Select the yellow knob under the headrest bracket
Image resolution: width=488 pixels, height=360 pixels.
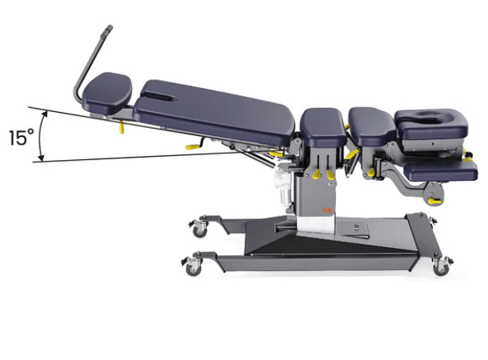click(433, 200)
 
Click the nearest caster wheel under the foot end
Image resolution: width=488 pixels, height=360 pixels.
click(194, 266)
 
